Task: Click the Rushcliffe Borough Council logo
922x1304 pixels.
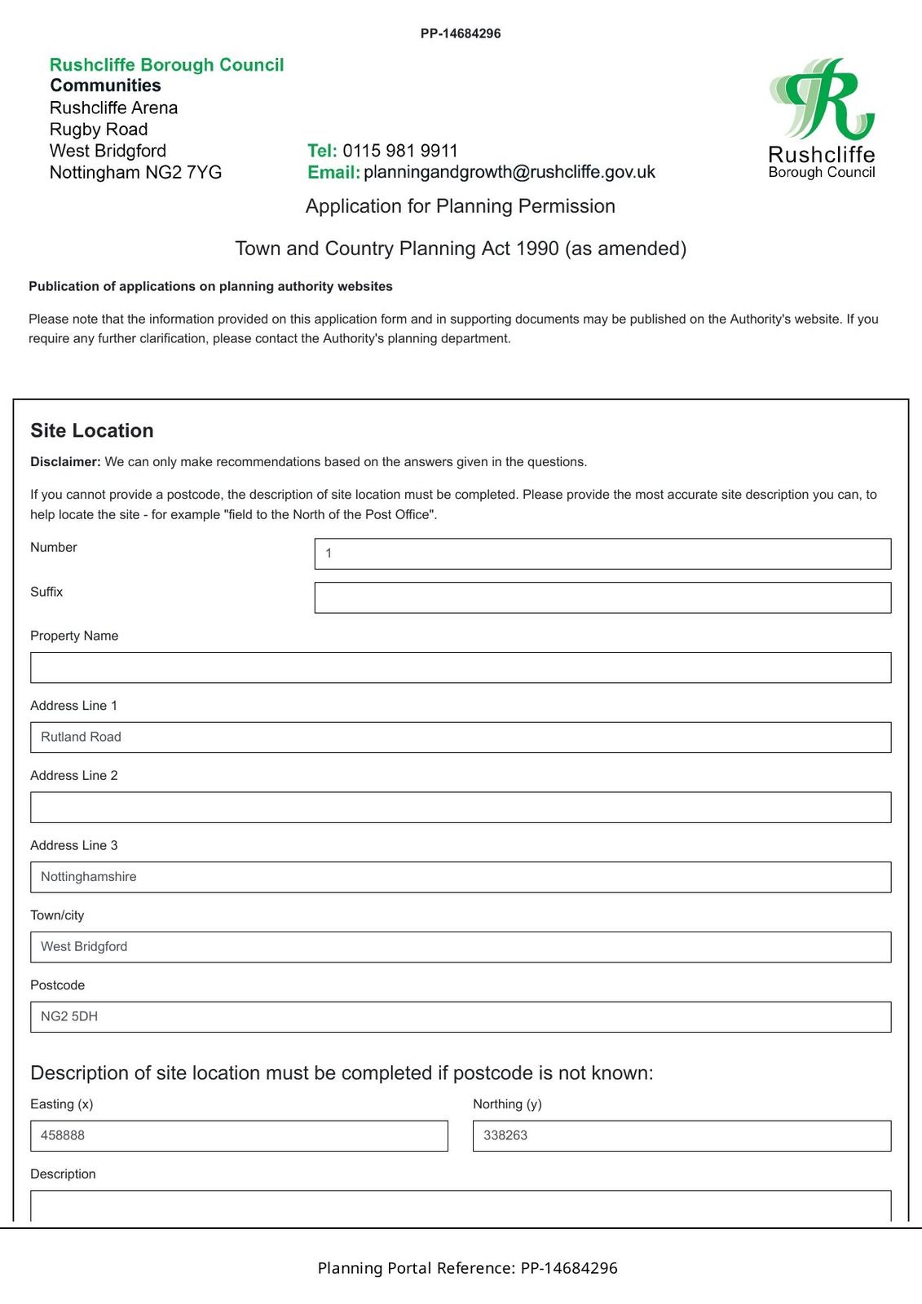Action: [x=822, y=118]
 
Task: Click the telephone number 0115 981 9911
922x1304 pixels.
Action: [x=400, y=151]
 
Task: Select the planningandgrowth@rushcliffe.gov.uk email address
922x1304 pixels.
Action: [x=509, y=172]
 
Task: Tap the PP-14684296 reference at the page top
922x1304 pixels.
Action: [x=461, y=33]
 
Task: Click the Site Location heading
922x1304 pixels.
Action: [x=92, y=430]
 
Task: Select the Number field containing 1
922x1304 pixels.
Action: [x=602, y=553]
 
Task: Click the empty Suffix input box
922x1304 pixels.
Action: [x=602, y=597]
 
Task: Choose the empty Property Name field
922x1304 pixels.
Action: [x=461, y=667]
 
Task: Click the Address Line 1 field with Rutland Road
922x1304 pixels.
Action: [x=461, y=738]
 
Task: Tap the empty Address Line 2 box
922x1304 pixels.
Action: [x=461, y=807]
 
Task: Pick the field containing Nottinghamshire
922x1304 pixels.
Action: [x=461, y=877]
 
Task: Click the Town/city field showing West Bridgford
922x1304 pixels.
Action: [x=461, y=947]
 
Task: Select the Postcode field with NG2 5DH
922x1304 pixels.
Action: [x=461, y=1016]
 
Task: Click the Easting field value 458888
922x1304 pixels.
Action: [x=239, y=1135]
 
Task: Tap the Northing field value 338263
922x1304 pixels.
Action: [x=682, y=1135]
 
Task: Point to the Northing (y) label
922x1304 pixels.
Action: [x=507, y=1104]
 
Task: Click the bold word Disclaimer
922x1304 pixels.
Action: [x=65, y=462]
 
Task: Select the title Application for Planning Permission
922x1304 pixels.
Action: [x=461, y=206]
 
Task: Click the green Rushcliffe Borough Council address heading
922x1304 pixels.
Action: [x=167, y=65]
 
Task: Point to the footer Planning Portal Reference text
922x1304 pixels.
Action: [x=467, y=1268]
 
